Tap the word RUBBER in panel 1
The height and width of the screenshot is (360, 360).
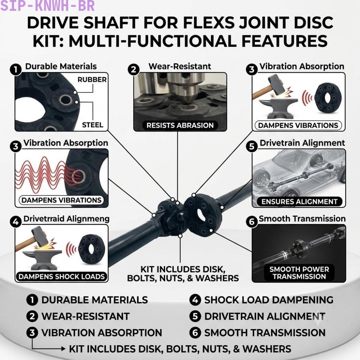click(x=92, y=80)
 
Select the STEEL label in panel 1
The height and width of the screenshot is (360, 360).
click(x=93, y=125)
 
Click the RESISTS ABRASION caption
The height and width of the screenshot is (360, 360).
click(x=180, y=125)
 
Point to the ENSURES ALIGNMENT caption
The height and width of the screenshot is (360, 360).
click(x=300, y=202)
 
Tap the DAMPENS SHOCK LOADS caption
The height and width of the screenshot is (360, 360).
click(x=62, y=276)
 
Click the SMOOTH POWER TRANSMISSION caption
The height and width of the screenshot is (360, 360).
click(x=299, y=273)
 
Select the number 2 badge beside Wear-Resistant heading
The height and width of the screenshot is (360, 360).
click(x=134, y=69)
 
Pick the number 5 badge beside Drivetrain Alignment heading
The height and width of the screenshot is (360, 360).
click(x=252, y=146)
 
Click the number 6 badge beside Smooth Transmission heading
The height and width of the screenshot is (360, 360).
click(x=252, y=222)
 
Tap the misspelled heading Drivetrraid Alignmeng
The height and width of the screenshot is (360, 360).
click(x=66, y=219)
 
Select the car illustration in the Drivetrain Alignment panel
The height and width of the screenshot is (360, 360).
click(x=298, y=175)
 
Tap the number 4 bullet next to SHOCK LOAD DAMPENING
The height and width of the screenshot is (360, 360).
click(x=195, y=300)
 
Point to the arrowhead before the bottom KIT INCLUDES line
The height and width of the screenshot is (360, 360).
click(x=63, y=349)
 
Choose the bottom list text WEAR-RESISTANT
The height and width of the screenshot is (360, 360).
click(x=85, y=316)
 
